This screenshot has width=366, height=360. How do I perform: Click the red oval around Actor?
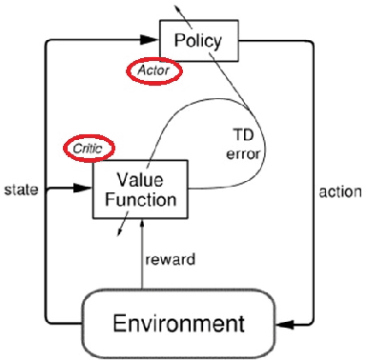(152, 69)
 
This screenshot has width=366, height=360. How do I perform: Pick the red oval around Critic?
(89, 148)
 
